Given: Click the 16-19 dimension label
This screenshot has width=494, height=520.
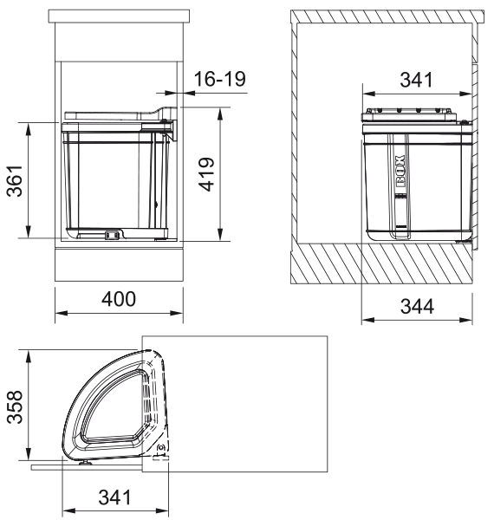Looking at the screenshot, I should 216,81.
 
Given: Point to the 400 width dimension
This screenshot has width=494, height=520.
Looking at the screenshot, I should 119,299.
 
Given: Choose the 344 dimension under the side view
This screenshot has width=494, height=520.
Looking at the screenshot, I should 418,306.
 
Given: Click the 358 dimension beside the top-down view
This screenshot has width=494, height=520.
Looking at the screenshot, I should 15,406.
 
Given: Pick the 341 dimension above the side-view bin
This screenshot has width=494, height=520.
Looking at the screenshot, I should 418,81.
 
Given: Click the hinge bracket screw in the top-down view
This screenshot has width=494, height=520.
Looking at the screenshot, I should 160,448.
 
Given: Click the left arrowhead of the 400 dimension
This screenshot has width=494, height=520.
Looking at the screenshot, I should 58,315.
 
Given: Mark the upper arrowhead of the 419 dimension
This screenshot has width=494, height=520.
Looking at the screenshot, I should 222,112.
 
